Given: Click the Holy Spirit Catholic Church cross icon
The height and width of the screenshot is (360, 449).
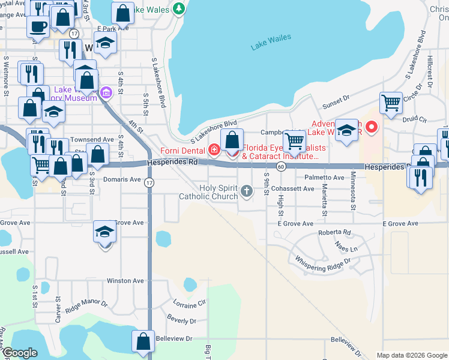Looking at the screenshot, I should coord(246,192).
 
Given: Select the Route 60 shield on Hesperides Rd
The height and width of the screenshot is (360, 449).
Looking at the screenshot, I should coord(281,166).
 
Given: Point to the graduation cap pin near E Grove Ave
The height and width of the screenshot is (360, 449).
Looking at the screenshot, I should coord(104,232).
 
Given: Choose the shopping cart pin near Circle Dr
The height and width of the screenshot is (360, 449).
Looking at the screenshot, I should coord(390,102).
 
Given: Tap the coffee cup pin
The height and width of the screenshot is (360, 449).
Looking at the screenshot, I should coord(38,26).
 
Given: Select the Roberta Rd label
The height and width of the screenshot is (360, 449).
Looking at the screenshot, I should coord(334,232).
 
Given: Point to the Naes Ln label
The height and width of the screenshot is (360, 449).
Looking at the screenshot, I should coord(346,248).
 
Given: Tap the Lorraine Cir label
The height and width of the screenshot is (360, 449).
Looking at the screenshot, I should coord(188,304).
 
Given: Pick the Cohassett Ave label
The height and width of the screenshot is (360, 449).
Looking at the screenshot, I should coord(292,188).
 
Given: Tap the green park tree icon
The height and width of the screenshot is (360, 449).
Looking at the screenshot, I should coord(178,8).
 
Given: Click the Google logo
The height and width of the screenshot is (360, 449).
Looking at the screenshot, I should coord(19,353).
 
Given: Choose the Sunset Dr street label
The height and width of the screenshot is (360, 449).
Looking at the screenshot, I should coord(336,101).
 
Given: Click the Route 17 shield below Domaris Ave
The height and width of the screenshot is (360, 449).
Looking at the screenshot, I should coord(149,182).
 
